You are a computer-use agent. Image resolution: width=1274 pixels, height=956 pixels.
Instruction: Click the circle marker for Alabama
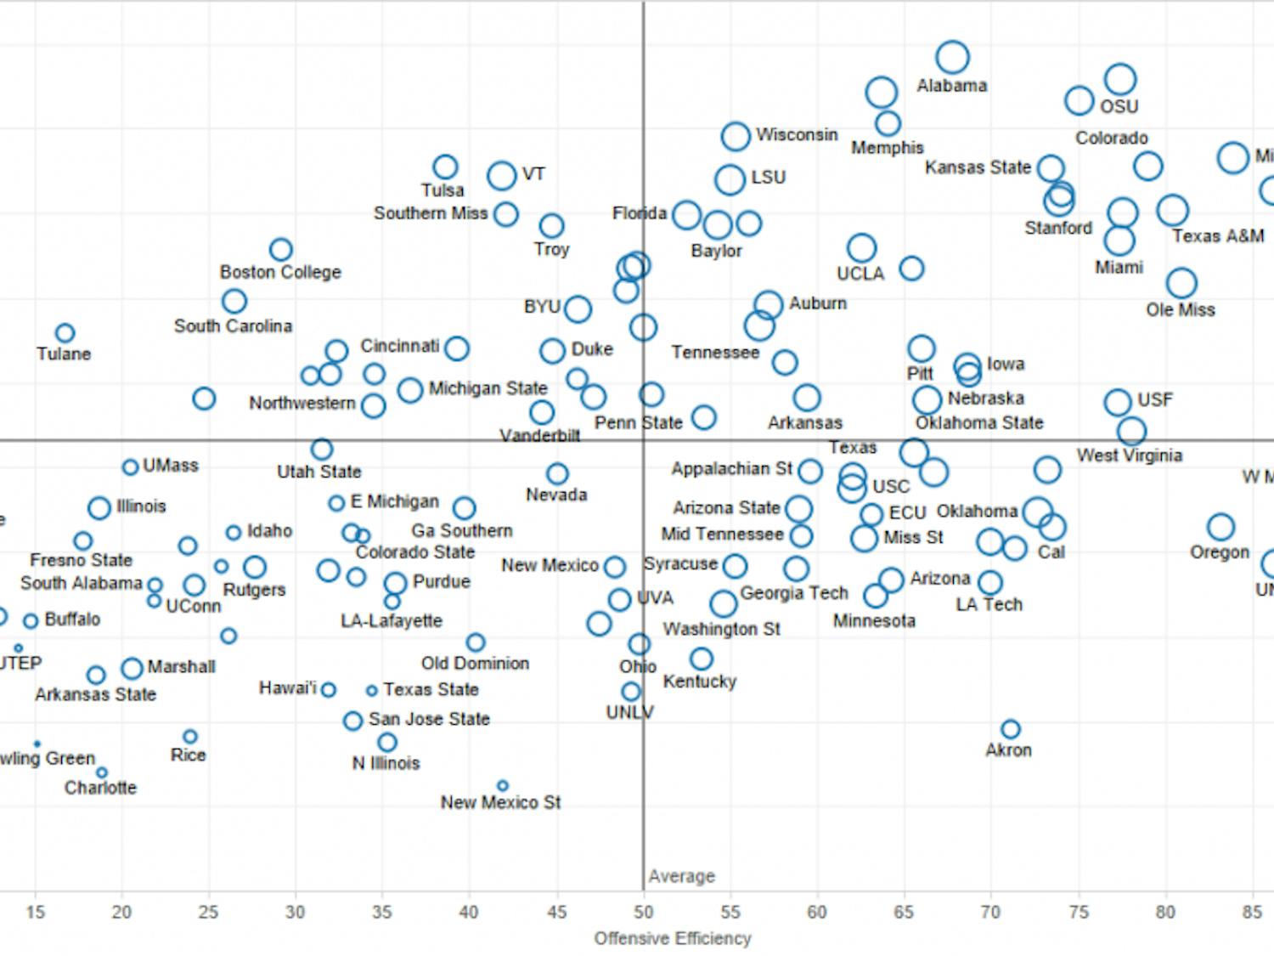(x=953, y=57)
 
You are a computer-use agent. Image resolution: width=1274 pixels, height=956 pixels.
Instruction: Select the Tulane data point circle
(x=65, y=333)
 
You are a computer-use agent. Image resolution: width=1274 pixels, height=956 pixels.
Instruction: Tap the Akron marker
(x=1010, y=729)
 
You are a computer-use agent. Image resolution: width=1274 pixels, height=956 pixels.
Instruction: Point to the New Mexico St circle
(x=502, y=786)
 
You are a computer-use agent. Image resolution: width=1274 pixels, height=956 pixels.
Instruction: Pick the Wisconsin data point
(x=736, y=136)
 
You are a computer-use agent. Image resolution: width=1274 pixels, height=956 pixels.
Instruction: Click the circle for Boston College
(x=280, y=250)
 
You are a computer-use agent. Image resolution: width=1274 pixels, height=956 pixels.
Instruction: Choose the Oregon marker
(x=1220, y=527)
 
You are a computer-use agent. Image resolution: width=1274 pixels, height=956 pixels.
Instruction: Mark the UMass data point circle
(x=130, y=467)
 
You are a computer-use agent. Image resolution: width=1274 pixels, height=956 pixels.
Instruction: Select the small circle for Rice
(x=190, y=737)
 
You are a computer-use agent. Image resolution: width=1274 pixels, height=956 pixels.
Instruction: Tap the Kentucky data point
(x=701, y=659)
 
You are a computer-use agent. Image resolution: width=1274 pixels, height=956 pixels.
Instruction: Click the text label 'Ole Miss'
(x=1180, y=310)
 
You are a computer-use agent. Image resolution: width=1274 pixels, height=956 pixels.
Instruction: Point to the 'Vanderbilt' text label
(x=539, y=436)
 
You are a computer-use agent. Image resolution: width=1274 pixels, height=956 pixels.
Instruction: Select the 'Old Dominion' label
(x=475, y=663)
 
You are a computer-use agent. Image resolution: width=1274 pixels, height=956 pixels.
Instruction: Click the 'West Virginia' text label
(x=1129, y=455)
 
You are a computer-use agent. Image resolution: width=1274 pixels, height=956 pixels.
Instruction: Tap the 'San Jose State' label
(x=429, y=719)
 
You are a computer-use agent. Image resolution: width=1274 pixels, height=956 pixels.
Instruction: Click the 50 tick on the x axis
(x=643, y=912)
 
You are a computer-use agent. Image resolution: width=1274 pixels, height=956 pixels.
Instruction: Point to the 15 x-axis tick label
(x=35, y=912)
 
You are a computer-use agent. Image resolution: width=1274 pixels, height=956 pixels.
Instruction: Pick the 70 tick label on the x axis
(x=990, y=912)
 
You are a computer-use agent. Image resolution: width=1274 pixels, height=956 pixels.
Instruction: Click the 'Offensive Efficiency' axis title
(x=672, y=938)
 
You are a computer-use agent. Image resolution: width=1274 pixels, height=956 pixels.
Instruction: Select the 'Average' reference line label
(x=681, y=876)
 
